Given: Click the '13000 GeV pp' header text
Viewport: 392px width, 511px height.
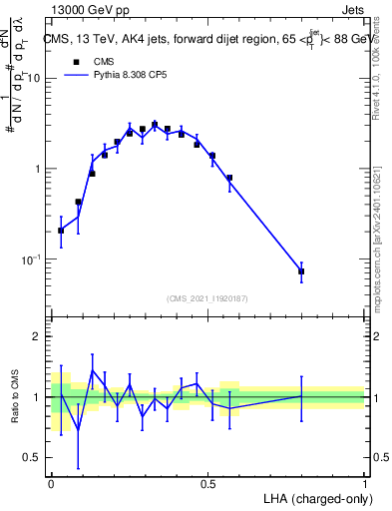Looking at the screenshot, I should click(87, 10).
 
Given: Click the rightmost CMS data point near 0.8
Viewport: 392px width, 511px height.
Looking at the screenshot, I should click(301, 271).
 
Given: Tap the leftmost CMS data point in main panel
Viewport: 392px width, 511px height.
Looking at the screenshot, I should click(61, 231).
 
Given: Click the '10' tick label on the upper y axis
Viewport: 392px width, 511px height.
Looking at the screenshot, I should click(35, 78).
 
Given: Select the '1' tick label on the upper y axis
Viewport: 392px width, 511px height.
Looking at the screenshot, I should click(39, 169).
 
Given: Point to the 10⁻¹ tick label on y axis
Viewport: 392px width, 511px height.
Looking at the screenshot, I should click(33, 259).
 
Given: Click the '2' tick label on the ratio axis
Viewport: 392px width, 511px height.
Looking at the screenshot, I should click(39, 337).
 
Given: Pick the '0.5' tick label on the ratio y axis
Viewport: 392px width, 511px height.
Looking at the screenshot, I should click(33, 458).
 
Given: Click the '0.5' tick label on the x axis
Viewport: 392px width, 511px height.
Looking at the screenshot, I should click(207, 482).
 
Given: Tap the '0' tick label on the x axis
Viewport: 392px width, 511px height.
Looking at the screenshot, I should click(51, 482).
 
